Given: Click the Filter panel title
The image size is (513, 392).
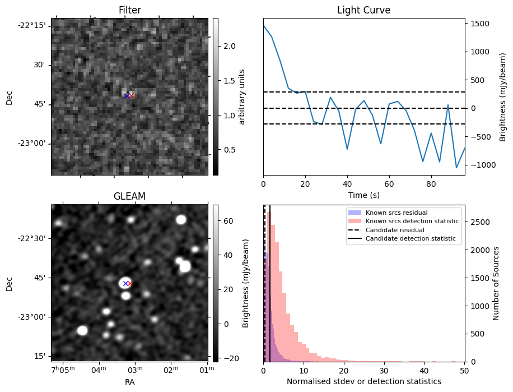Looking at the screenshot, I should tap(129, 10).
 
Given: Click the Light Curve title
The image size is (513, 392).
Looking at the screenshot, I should tap(363, 10).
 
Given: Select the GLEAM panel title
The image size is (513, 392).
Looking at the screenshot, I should tap(129, 196).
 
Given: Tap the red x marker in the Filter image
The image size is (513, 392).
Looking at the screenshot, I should tap(132, 96).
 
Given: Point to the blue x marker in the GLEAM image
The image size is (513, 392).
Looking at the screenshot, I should tap(125, 283).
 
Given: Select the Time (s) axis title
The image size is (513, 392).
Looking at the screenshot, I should tap(363, 194).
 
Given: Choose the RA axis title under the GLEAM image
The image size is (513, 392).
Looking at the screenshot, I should tap(129, 382).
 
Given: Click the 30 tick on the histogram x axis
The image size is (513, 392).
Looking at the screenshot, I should tap(384, 370).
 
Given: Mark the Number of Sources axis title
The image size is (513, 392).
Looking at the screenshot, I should tap(496, 283).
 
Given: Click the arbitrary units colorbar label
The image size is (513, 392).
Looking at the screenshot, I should tap(242, 96).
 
